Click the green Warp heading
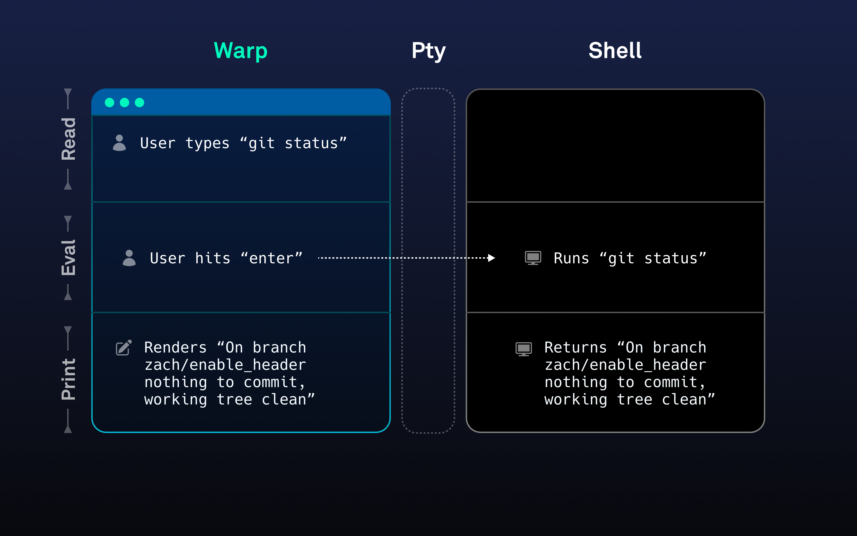pyautogui.click(x=241, y=51)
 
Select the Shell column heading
pyautogui.click(x=615, y=51)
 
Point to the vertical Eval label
pyautogui.click(x=68, y=258)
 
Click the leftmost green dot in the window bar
pyautogui.click(x=110, y=103)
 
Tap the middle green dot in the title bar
pyautogui.click(x=125, y=103)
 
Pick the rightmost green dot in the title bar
pyautogui.click(x=140, y=103)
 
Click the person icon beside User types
pyautogui.click(x=119, y=143)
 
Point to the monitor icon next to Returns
pyautogui.click(x=524, y=349)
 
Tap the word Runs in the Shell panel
pyautogui.click(x=571, y=258)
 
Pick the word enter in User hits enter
pyautogui.click(x=271, y=258)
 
